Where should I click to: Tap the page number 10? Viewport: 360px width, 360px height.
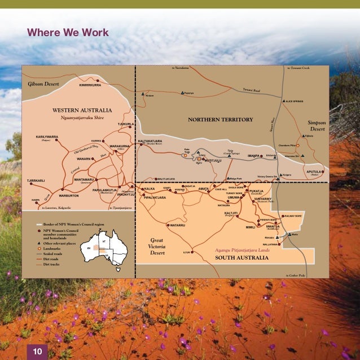click(38, 352)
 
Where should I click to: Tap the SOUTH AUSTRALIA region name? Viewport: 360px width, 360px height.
click(242, 258)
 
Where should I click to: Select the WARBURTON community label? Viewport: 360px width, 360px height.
click(68, 196)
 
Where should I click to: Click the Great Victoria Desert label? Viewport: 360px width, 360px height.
click(156, 246)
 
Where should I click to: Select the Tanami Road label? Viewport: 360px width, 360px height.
click(251, 90)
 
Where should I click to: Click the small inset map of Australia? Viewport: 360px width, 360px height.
click(104, 250)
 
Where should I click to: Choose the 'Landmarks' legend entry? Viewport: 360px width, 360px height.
click(53, 249)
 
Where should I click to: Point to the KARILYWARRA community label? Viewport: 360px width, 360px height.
click(47, 137)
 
